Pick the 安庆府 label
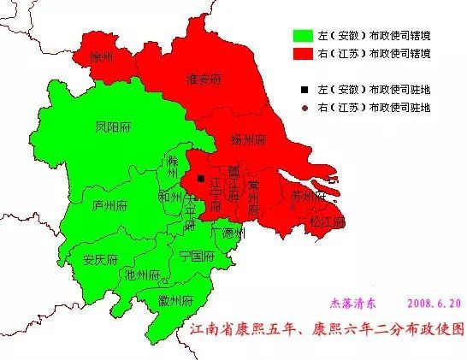pos(101,259)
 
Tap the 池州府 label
pos(142,274)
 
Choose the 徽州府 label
pos(175,301)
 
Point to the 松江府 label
pos(328,221)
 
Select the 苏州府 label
pos(308,197)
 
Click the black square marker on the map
pos(201,179)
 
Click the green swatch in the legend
pos(301,37)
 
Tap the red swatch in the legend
pos(301,53)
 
